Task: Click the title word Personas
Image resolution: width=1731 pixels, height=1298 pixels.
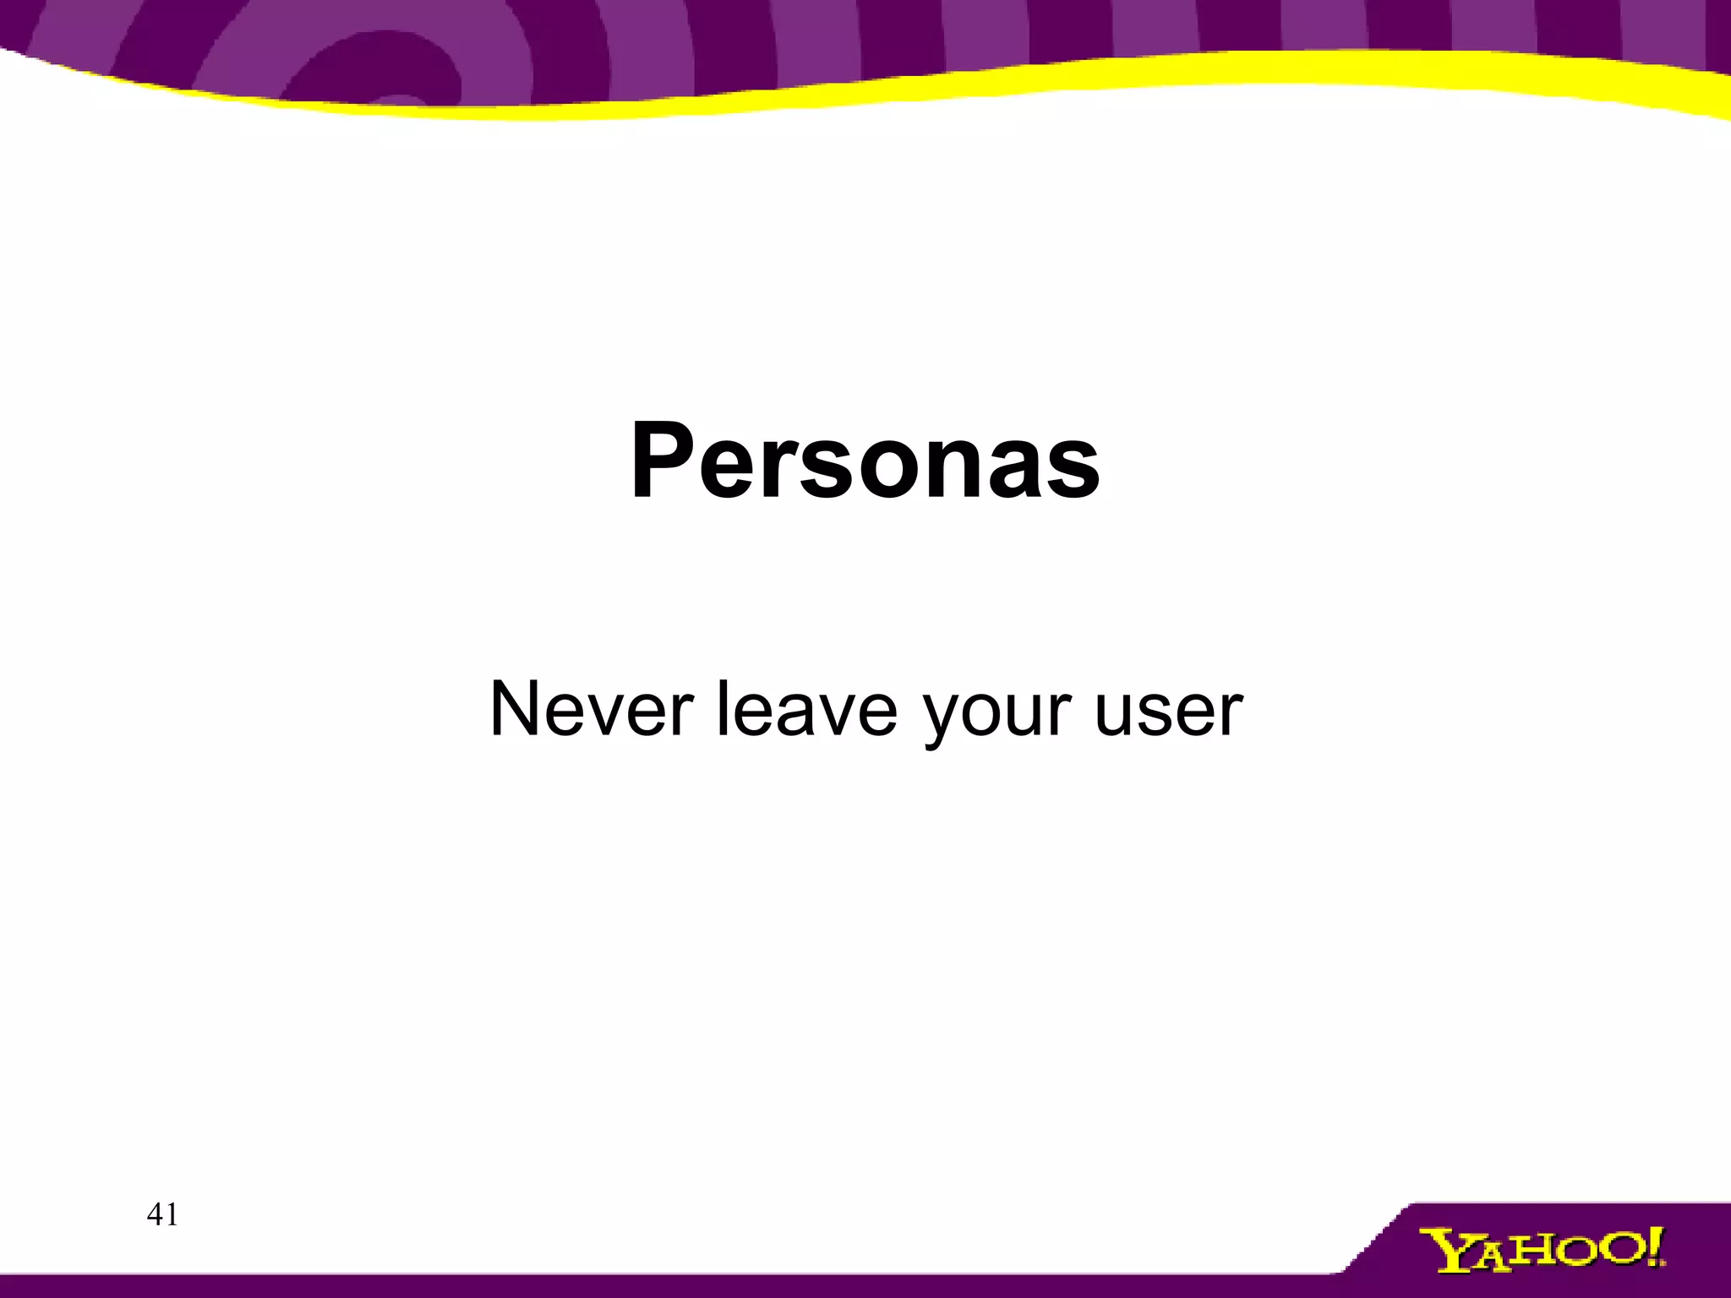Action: pos(865,463)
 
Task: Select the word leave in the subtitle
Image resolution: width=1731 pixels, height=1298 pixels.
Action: pos(806,710)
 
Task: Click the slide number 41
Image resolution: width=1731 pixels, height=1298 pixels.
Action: pos(162,1214)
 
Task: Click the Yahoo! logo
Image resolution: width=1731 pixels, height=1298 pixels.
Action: pos(1541,1250)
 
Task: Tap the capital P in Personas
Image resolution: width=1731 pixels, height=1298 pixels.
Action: pos(663,461)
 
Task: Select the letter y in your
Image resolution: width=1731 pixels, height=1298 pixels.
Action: pos(942,718)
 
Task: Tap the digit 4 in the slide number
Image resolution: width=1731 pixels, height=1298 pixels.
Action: pos(155,1214)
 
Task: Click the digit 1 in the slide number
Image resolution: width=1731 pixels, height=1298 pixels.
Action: pos(172,1214)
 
